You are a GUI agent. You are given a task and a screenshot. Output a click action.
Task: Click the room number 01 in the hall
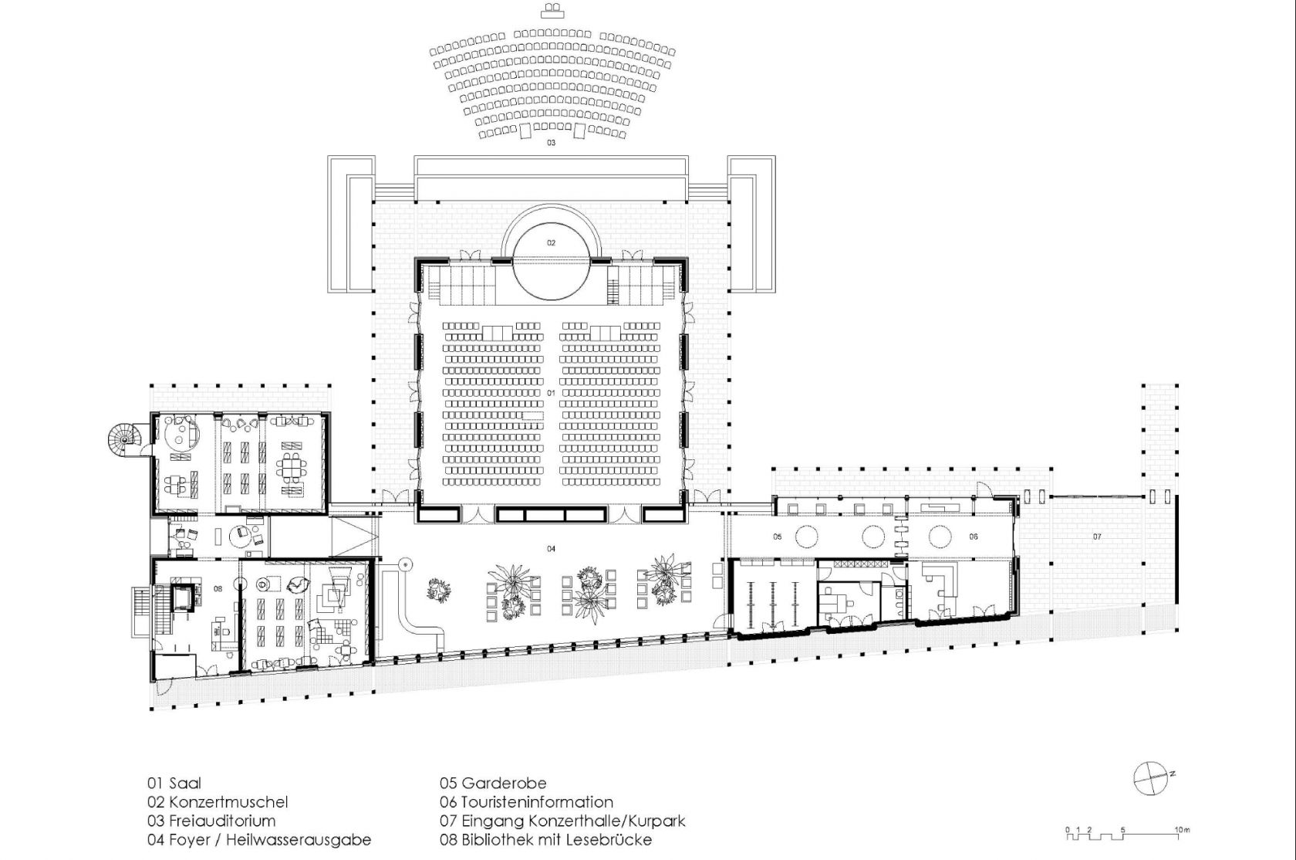point(551,393)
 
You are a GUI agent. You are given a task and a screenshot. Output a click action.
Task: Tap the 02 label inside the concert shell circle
point(551,242)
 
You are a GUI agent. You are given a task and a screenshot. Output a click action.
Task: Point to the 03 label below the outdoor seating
point(551,143)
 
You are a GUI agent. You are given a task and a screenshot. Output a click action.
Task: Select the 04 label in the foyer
point(551,548)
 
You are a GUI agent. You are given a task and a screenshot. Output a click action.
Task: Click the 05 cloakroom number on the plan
point(777,537)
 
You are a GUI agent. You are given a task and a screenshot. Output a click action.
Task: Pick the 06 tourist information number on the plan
point(974,537)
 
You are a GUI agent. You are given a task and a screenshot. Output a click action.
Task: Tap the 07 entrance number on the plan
point(1097,537)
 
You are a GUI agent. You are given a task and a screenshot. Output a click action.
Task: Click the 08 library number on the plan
point(218,589)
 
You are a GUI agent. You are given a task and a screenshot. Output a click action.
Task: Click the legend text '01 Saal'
point(174,784)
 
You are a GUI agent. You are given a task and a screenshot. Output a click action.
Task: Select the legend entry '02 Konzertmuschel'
point(218,802)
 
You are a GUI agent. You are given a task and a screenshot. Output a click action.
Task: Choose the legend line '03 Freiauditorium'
point(211,821)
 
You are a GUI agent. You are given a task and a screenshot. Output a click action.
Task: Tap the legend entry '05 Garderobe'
point(493,784)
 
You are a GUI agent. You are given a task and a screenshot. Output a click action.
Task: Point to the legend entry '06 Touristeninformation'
point(526,802)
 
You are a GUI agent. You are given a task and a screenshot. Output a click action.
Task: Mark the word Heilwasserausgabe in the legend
point(299,840)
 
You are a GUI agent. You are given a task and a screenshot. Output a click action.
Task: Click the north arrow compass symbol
point(1150,778)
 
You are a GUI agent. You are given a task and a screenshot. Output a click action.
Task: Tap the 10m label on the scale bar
point(1182,830)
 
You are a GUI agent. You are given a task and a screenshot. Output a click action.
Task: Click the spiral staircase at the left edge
point(124,439)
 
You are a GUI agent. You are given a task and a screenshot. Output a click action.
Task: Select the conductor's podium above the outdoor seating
point(552,11)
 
